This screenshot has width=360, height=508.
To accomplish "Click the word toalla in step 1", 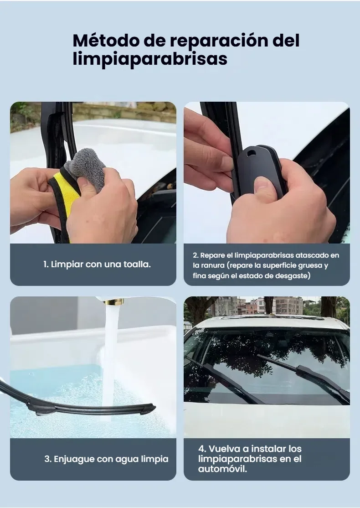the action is tap(137, 264).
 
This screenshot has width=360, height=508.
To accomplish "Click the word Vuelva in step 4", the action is tap(224, 449).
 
